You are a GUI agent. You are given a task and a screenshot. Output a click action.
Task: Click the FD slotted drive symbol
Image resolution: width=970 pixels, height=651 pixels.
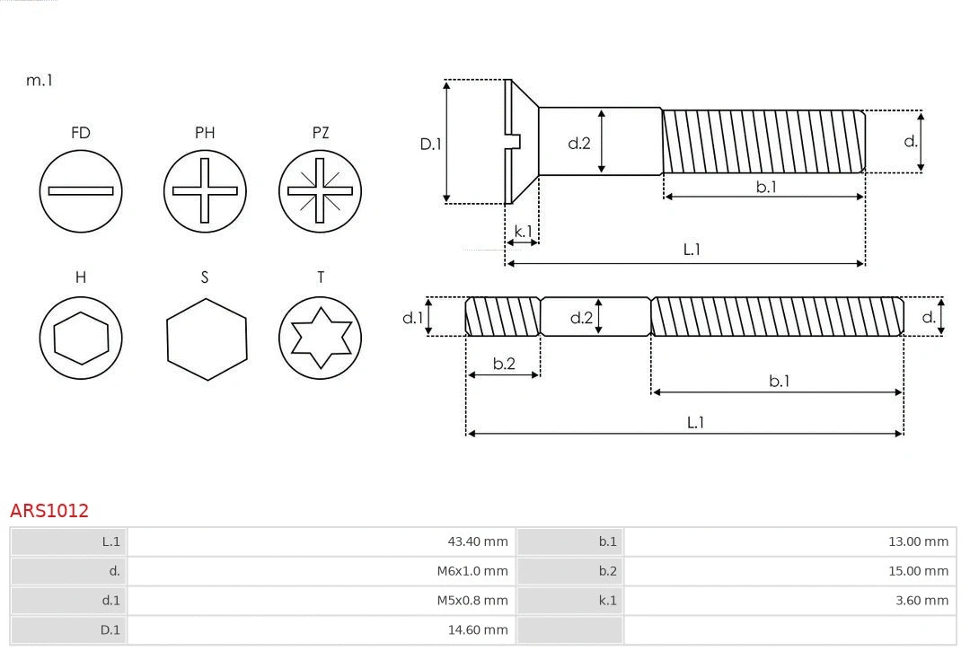[x=81, y=190]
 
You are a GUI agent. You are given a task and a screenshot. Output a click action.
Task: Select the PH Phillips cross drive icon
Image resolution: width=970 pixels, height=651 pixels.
[x=205, y=190]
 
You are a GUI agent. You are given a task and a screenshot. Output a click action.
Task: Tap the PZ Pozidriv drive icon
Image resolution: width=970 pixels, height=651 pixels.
[x=320, y=190]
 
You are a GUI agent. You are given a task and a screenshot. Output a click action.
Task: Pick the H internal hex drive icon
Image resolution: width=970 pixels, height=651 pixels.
[x=81, y=339]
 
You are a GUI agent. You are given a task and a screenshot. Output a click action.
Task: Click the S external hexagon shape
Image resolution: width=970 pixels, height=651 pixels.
[x=206, y=339]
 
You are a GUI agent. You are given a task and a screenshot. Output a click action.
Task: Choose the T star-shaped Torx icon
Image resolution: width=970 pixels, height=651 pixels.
[x=320, y=339]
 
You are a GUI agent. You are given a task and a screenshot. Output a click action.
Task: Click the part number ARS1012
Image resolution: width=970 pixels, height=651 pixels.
[x=49, y=511]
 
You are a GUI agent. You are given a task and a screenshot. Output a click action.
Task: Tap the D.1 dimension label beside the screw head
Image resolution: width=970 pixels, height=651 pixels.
[x=431, y=144]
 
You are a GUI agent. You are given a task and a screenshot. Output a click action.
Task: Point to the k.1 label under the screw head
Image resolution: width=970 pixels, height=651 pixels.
[x=523, y=232]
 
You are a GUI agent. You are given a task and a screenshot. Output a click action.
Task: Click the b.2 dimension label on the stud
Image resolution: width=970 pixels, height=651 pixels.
[x=504, y=364]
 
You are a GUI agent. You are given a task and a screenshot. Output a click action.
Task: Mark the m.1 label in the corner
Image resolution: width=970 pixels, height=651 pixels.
[x=40, y=80]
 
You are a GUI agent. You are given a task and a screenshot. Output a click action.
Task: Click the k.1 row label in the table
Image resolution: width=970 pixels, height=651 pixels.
[x=607, y=601]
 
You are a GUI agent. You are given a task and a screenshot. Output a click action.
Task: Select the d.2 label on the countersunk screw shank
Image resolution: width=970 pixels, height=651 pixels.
[x=579, y=143]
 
